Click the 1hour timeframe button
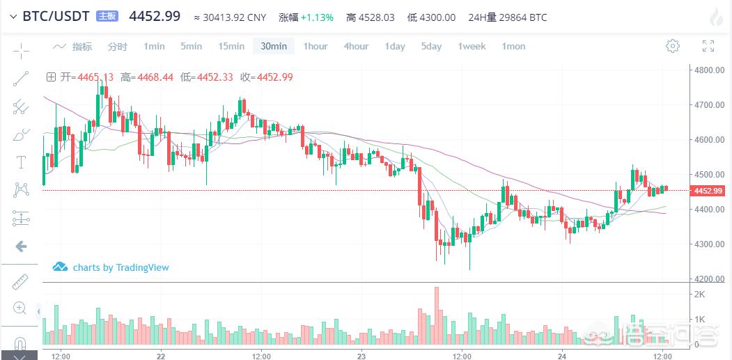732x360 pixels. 315,47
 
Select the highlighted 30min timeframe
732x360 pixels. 274,47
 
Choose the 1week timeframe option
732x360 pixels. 472,47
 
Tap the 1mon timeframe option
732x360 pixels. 513,47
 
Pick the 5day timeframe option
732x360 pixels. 431,47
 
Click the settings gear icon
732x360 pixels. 672,47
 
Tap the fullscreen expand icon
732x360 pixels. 708,47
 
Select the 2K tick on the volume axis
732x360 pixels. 700,295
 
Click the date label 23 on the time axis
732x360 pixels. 361,356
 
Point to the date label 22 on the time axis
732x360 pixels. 161,356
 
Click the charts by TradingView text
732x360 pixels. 120,267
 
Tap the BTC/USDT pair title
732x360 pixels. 56,16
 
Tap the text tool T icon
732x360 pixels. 21,162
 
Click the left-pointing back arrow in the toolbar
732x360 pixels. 21,246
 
